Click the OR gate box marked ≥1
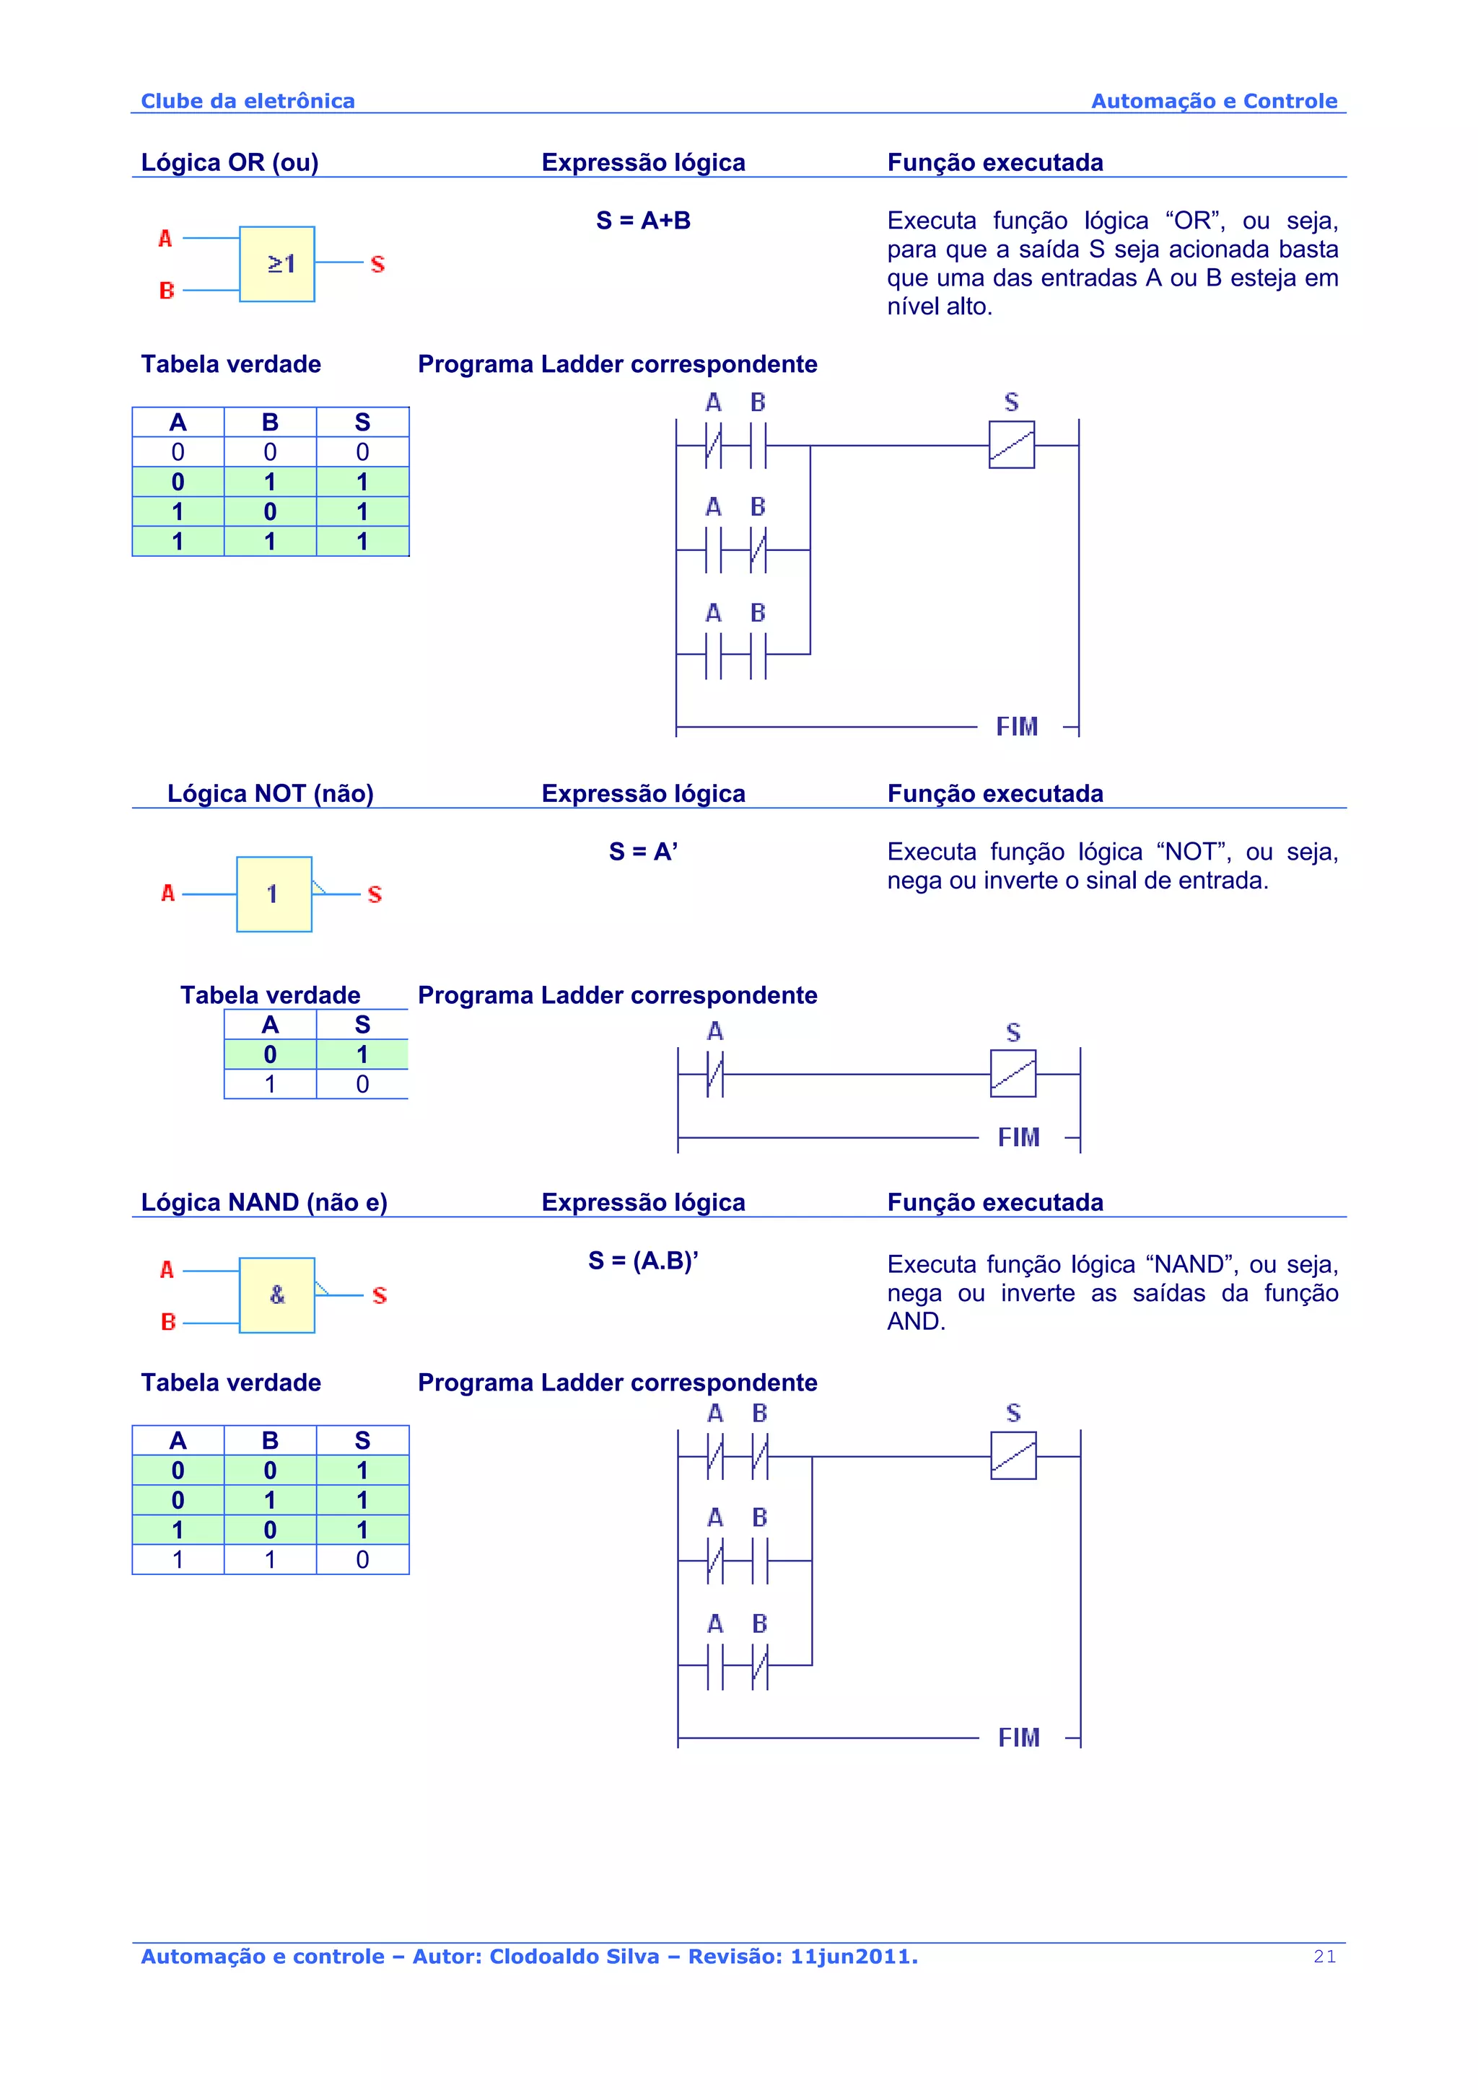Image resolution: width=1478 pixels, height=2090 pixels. click(x=277, y=264)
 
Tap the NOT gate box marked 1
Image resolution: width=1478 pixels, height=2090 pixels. click(x=274, y=894)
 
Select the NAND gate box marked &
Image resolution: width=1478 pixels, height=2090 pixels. click(x=277, y=1295)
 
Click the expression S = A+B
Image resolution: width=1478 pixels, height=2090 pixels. click(x=643, y=220)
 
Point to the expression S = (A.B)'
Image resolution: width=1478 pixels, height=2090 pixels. click(x=643, y=1261)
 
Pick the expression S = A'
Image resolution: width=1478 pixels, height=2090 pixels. click(x=643, y=852)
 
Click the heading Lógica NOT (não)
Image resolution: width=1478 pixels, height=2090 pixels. click(x=271, y=794)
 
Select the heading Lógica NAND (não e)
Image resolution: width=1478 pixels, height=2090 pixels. click(x=264, y=1202)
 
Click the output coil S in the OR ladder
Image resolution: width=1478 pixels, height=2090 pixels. click(x=1012, y=445)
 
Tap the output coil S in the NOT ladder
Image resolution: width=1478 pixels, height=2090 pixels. click(x=1013, y=1074)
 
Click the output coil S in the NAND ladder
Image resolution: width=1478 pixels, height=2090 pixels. click(x=1013, y=1455)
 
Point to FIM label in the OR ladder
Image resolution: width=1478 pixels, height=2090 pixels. click(x=1017, y=726)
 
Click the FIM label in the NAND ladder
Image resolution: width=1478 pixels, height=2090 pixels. click(x=1019, y=1738)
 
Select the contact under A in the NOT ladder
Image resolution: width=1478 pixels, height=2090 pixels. click(x=715, y=1074)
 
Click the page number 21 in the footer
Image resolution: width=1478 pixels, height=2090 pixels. click(x=1325, y=1956)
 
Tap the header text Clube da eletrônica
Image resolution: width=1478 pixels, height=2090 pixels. click(x=248, y=101)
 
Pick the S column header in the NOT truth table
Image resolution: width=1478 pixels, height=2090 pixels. click(x=362, y=1025)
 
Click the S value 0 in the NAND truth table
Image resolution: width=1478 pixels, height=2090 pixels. click(x=362, y=1559)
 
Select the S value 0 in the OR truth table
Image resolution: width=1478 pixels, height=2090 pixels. click(x=362, y=452)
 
